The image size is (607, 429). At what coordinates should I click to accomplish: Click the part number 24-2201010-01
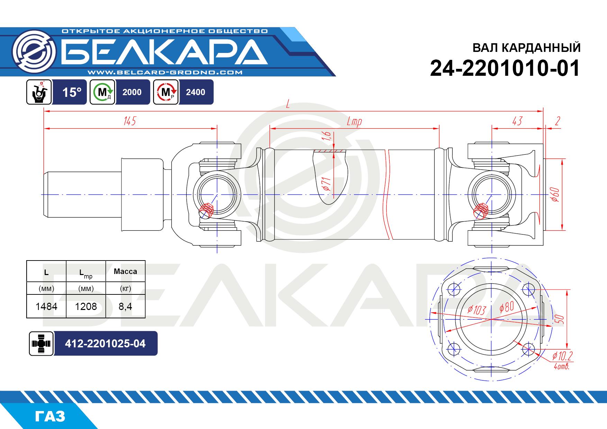[x=505, y=69]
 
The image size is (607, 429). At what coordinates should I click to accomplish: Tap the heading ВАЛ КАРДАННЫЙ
[x=526, y=48]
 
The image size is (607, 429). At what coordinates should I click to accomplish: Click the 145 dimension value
[x=129, y=121]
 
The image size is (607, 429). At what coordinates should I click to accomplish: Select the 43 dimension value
[x=517, y=121]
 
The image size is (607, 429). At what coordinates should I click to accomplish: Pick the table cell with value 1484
[x=46, y=307]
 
